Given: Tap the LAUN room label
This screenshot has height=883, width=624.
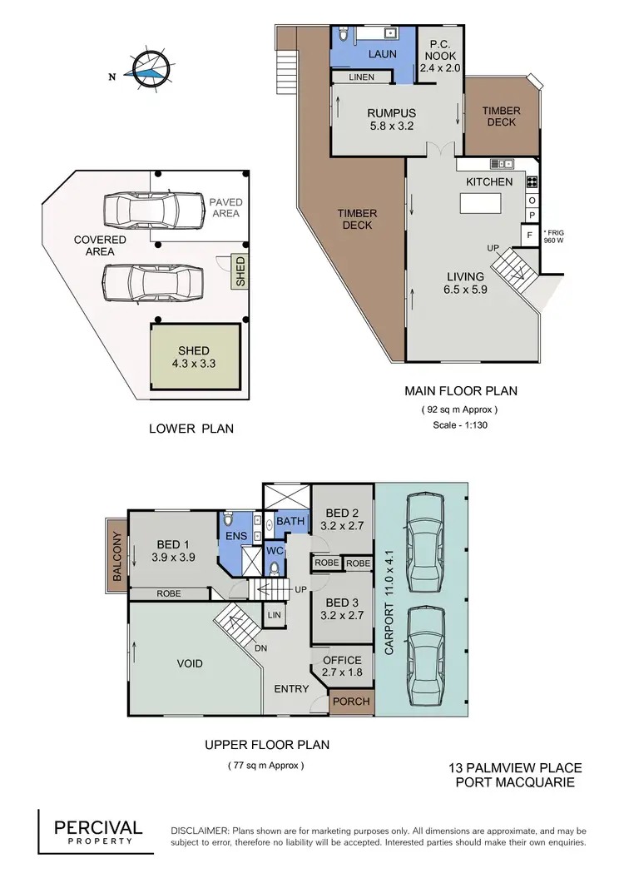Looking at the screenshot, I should pos(383,54).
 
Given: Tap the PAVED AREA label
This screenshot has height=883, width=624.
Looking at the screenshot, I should pos(225,207).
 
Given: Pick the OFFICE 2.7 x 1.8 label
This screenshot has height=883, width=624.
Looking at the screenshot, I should pos(341,667).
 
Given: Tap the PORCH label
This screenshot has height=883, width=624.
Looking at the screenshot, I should pos(350,702).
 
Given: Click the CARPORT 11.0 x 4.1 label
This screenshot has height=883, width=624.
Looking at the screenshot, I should pos(389,592).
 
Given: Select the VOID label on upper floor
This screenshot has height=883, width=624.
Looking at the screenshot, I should pos(190,663).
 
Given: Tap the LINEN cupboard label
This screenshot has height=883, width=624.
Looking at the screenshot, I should pos(362,77).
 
